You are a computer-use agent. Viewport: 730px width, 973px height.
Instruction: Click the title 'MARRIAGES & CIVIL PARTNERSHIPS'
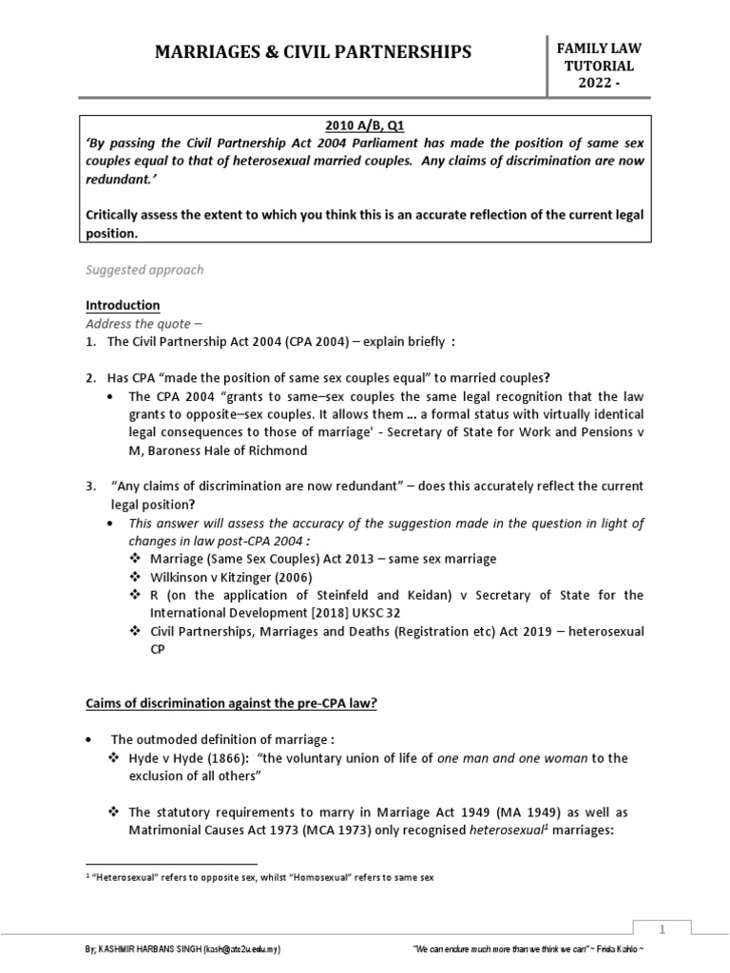[x=313, y=51]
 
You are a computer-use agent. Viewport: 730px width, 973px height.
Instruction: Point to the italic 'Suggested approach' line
[x=144, y=270]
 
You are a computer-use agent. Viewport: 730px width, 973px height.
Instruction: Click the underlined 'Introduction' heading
[x=123, y=305]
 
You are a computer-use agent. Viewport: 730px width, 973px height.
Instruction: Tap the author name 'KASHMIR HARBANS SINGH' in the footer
[x=153, y=949]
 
